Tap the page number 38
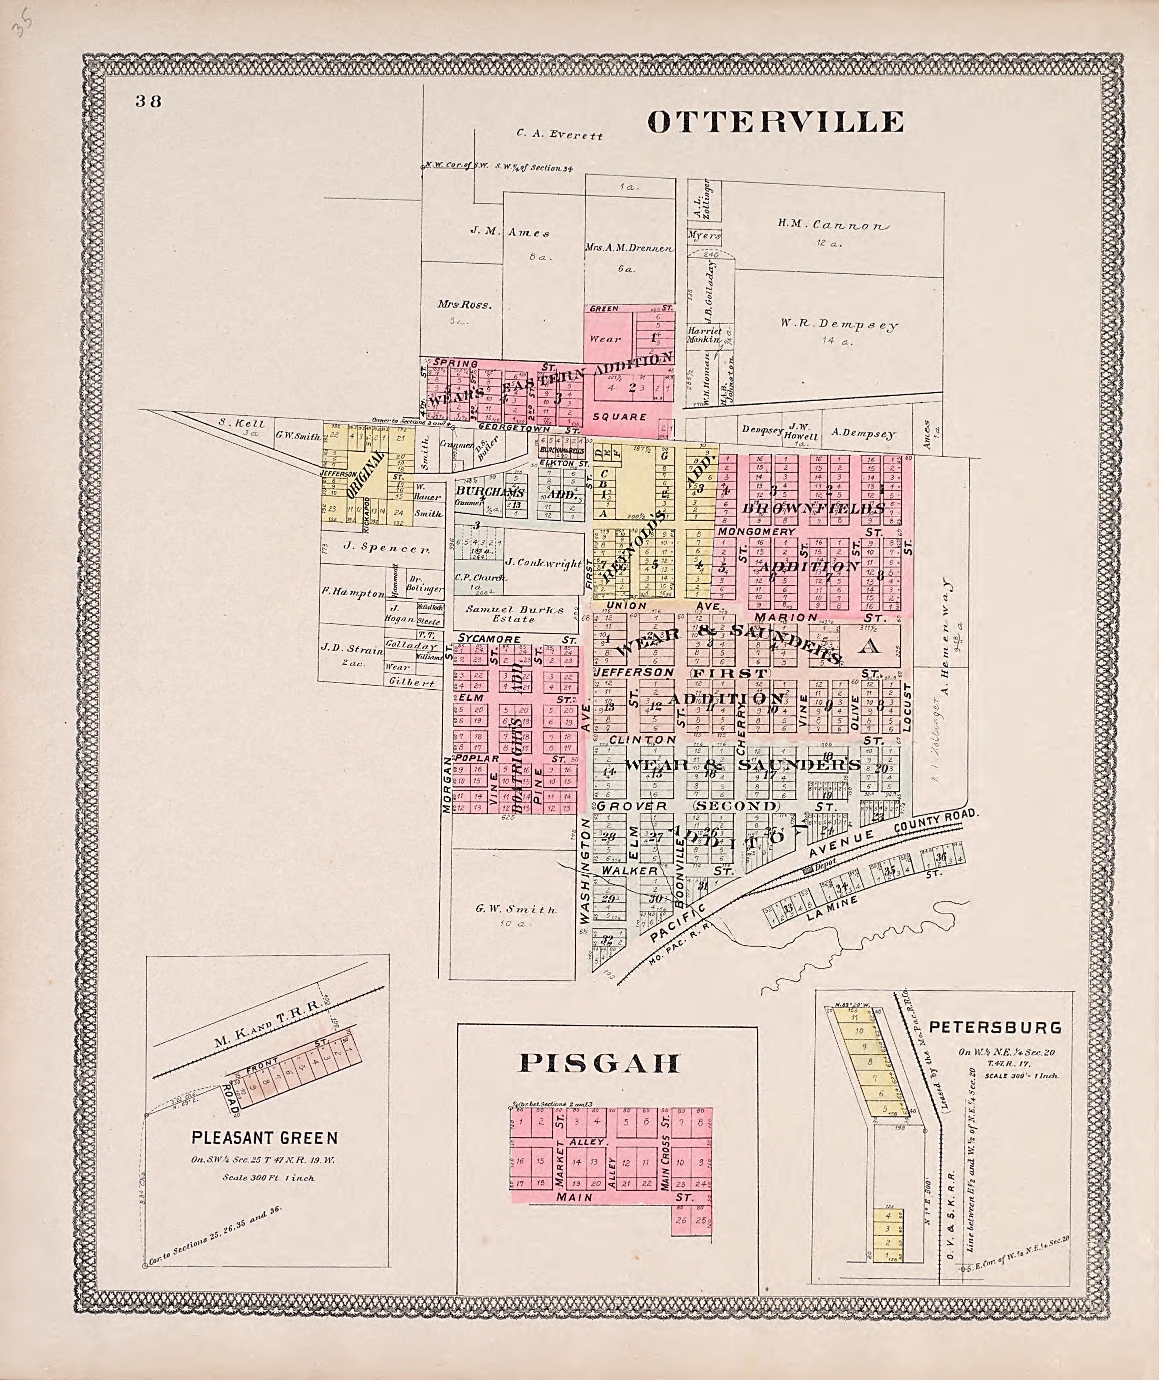pos(149,101)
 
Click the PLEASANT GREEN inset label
pos(265,1137)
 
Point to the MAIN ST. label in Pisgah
pos(574,1197)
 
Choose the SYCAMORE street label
pos(490,639)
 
